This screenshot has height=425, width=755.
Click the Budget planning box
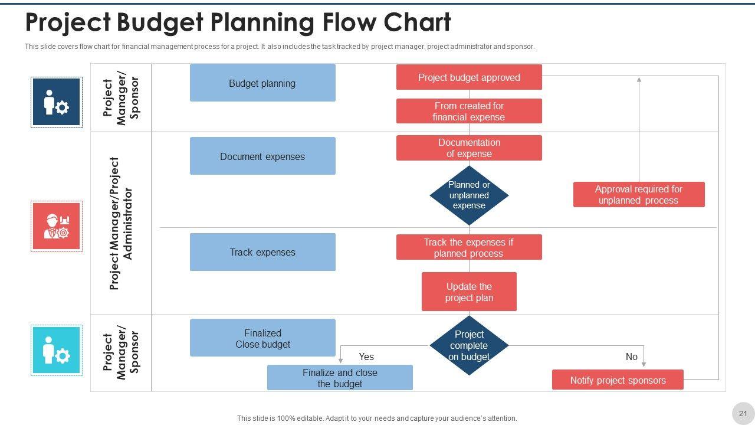262,83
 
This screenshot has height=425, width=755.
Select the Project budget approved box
469,77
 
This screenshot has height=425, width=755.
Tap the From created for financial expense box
469,111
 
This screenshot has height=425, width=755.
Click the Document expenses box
262,156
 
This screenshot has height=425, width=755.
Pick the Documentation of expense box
469,148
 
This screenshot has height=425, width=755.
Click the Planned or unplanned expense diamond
469,195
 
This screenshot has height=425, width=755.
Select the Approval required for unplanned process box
639,195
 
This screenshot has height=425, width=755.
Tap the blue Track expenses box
262,252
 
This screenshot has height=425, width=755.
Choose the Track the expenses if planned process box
469,248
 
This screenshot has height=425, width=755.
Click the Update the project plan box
469,292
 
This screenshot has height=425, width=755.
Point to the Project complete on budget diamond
469,345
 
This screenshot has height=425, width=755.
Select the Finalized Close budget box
262,338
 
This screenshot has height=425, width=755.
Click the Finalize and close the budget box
340,378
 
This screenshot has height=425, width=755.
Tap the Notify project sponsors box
618,380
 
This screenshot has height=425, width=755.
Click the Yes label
366,357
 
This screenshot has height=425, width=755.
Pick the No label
631,357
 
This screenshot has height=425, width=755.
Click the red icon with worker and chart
57,227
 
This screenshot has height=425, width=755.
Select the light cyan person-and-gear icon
57,351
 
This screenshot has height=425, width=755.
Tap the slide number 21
743,413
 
